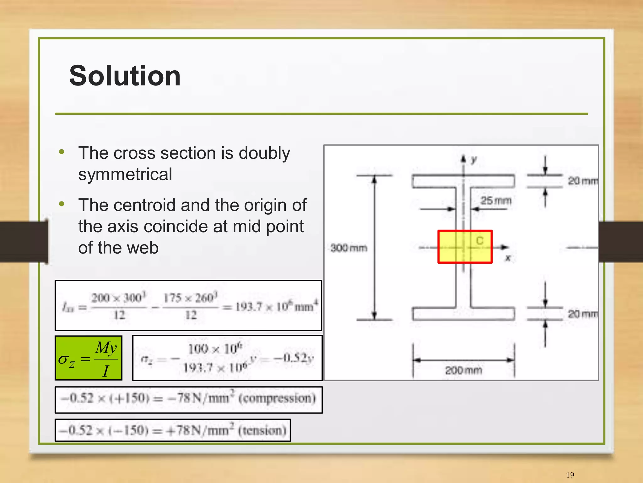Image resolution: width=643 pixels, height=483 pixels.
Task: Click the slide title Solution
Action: tap(125, 76)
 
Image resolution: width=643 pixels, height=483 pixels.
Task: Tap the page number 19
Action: tap(570, 475)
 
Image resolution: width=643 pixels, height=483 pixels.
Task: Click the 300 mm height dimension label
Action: tap(349, 248)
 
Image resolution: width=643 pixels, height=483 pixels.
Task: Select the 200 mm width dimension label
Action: tap(463, 370)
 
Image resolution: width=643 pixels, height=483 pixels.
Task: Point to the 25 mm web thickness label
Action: tap(496, 200)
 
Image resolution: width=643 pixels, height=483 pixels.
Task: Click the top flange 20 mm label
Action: tap(583, 181)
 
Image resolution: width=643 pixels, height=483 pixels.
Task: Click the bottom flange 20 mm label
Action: tap(583, 314)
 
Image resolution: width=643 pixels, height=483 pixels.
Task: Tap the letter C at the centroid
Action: tap(479, 241)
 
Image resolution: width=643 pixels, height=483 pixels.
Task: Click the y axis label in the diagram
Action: tap(474, 160)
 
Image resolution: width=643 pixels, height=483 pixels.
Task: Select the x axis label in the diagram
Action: tap(508, 258)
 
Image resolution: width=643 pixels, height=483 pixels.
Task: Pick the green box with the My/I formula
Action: tap(88, 358)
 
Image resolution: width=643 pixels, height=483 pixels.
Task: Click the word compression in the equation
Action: tap(277, 398)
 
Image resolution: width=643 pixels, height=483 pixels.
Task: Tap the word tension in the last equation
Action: tap(262, 430)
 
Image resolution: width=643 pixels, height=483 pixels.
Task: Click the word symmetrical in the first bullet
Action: tap(125, 174)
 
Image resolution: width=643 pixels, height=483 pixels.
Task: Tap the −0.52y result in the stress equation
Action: tap(294, 358)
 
